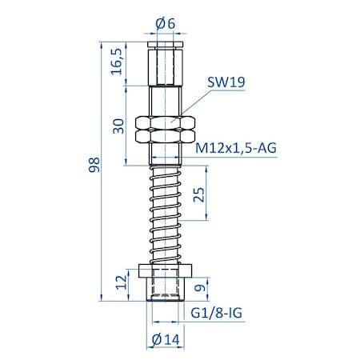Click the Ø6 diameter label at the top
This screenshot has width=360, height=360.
tap(166, 24)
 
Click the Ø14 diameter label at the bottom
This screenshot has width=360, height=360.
tap(166, 338)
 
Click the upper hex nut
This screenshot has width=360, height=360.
tap(166, 123)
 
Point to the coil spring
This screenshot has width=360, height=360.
tap(166, 212)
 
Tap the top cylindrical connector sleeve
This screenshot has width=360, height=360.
tap(166, 64)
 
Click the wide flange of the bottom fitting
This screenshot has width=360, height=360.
tap(166, 270)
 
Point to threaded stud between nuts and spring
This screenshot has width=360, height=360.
tap(166, 156)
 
